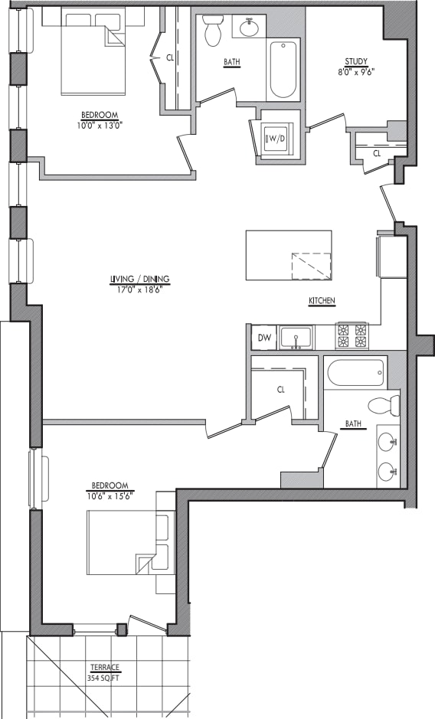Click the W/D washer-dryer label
273,139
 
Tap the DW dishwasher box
264,338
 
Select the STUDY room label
356,62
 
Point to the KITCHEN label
322,302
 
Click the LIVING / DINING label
139,279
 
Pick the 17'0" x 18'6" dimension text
139,289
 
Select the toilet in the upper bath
213,31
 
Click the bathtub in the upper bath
283,69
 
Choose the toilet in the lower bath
383,405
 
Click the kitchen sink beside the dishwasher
296,337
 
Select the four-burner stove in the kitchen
352,336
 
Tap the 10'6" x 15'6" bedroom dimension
111,495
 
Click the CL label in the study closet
377,154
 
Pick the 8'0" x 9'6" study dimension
356,72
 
